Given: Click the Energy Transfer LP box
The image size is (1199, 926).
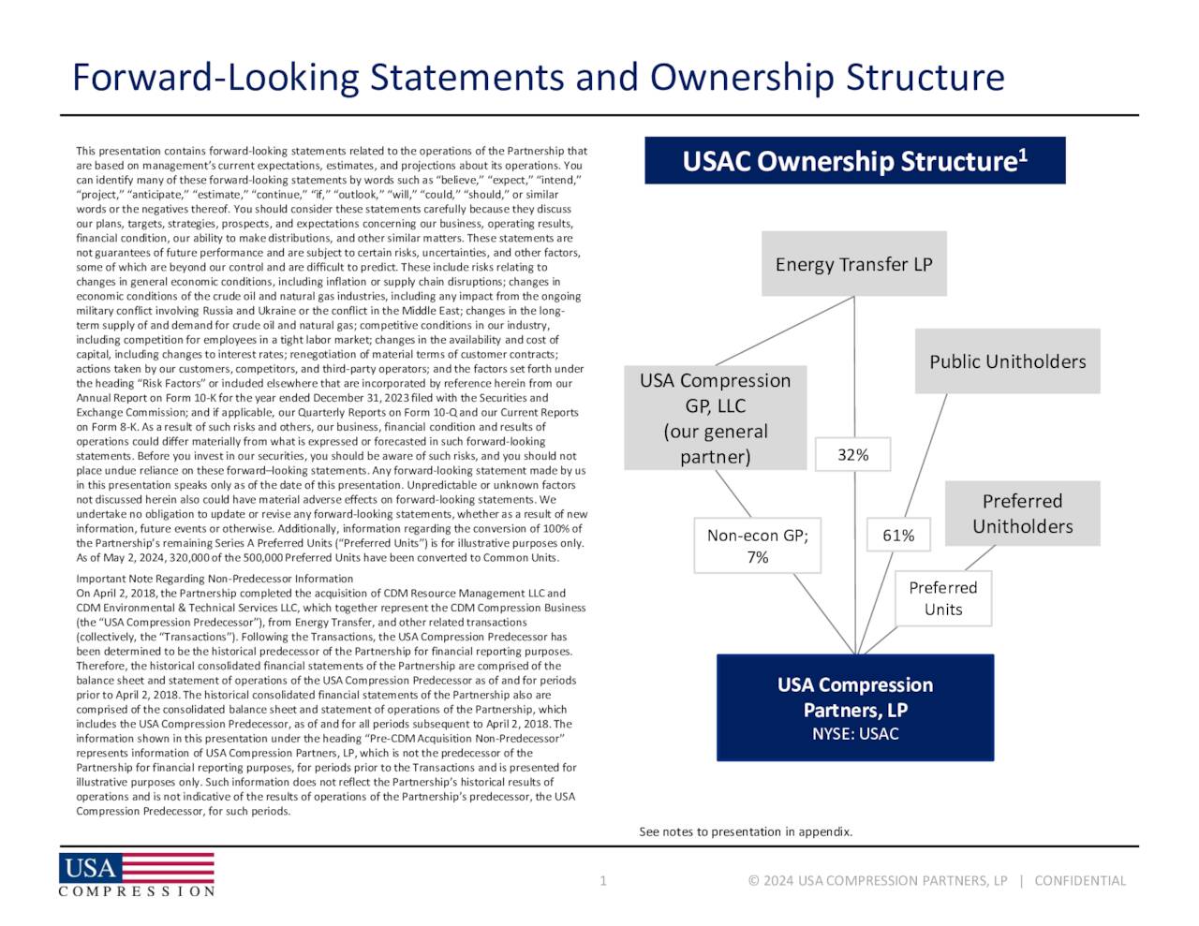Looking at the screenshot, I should coord(853,264).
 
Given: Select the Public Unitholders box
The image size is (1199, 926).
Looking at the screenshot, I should coord(1007,361).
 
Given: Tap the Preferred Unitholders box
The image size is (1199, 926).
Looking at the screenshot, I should coord(1022,513).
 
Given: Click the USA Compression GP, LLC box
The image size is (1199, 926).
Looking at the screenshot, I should coord(715,418).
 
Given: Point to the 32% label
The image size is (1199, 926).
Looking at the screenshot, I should coord(852,454).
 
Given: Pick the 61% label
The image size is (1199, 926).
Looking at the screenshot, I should coord(897,535).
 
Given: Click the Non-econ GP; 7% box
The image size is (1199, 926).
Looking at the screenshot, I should coord(757,545).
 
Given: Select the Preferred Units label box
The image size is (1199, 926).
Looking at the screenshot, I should coord(942,598).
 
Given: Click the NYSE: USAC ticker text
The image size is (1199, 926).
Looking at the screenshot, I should coord(854,733).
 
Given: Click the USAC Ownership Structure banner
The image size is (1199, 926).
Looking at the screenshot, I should coord(854,161).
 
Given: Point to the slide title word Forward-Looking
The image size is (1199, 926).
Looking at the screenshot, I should coord(215,77).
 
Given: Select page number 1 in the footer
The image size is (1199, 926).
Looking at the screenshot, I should coord(603,880).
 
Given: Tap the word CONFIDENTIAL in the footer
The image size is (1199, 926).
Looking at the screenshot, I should coord(1080,880).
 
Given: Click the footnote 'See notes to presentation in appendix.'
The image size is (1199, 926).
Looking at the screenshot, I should coord(746,831).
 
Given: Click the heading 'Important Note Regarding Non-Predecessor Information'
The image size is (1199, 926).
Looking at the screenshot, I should coord(215,579).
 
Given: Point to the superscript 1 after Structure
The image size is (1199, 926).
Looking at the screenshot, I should coord(1023,154).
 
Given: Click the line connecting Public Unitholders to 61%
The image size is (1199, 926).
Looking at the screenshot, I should coord(932,440).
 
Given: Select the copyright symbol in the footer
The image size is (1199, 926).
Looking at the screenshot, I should coord(753,880).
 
